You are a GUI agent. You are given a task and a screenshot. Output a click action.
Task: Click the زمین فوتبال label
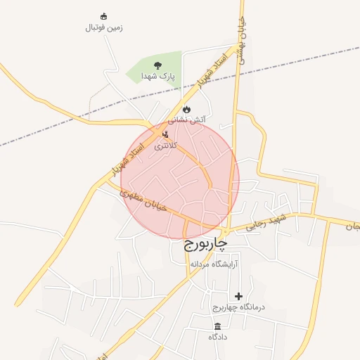[x=104, y=28]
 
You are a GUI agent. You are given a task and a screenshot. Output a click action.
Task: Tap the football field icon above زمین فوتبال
[x=104, y=16]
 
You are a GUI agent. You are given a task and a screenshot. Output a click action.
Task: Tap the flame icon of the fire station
[x=186, y=109]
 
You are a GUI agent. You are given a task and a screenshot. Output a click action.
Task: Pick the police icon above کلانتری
[x=166, y=134]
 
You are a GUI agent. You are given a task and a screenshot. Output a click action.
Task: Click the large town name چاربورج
[x=206, y=244]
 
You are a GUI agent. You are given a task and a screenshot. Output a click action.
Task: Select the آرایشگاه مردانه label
[x=214, y=264]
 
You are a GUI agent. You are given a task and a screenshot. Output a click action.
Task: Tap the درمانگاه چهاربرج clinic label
[x=238, y=308]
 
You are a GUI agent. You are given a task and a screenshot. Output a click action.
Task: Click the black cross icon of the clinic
[x=238, y=296]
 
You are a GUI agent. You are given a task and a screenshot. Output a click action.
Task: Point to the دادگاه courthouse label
[x=217, y=337]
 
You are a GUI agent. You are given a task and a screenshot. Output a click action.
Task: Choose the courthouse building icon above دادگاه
[x=217, y=326]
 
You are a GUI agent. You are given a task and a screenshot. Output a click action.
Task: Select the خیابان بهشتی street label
[x=241, y=39]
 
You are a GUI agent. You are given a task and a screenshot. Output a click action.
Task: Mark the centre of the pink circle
[x=180, y=180]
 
